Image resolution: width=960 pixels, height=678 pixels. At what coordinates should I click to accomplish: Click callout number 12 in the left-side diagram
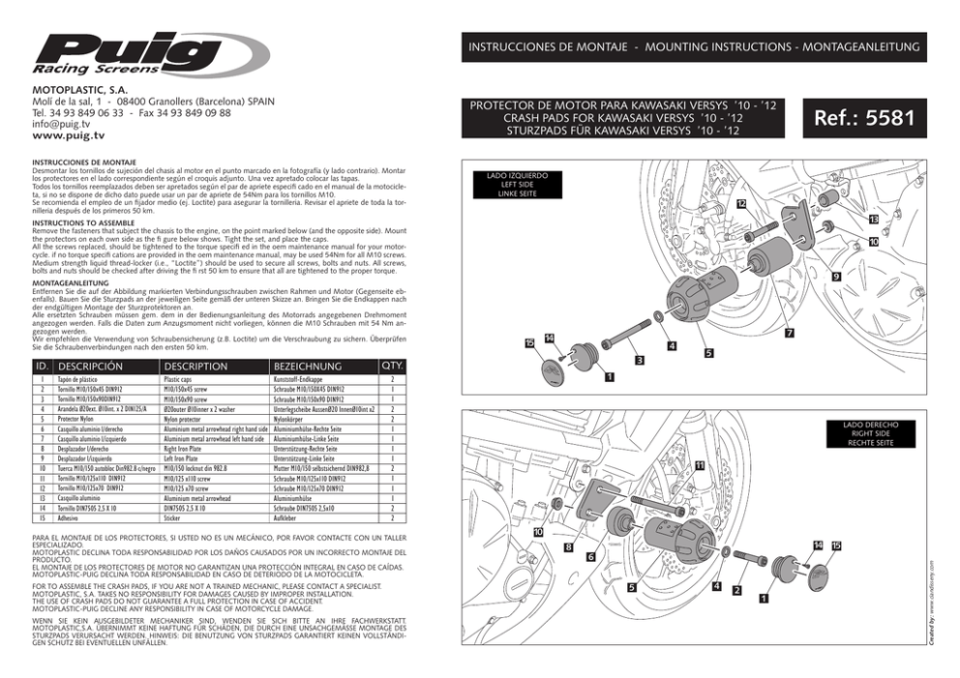pyautogui.click(x=739, y=204)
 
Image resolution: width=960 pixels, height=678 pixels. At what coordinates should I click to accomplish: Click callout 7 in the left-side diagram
pyautogui.click(x=789, y=334)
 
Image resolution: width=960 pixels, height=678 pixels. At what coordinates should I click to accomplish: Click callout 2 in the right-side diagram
pyautogui.click(x=736, y=591)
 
